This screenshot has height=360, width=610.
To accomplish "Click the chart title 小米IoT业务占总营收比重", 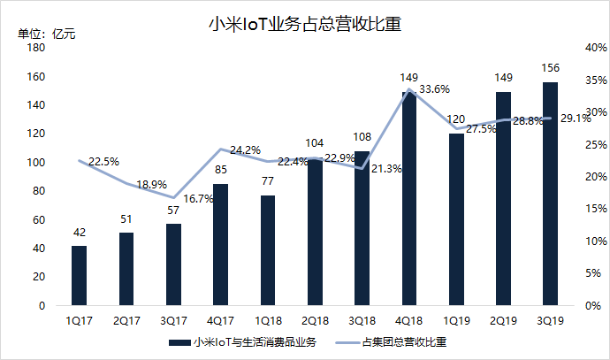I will tap(304, 24).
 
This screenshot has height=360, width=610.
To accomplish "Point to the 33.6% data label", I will tap(436, 89).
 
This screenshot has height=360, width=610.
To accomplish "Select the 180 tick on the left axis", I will tap(37, 49).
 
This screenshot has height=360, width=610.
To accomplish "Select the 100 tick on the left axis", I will tap(37, 163).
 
